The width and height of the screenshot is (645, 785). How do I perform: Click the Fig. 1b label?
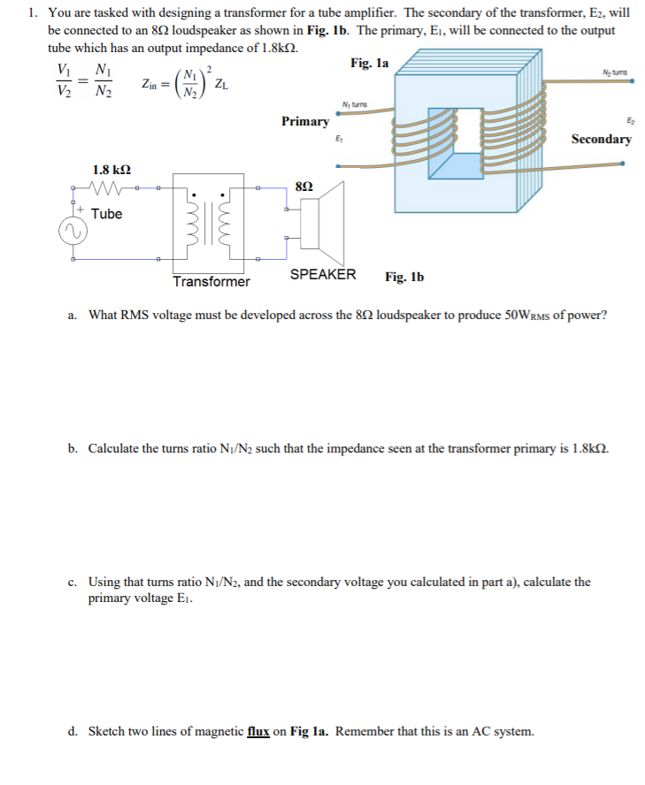click(404, 277)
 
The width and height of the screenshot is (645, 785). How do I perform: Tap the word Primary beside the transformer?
click(305, 121)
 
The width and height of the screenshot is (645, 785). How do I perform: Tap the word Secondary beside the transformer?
click(601, 139)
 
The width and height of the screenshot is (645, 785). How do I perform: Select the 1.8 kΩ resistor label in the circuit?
click(112, 169)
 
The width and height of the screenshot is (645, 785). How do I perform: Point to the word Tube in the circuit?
click(106, 214)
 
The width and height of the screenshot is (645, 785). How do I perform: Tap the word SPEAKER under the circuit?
click(323, 274)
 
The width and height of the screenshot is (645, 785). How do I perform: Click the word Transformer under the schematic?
click(211, 282)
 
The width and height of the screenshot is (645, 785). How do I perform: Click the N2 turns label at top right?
click(610, 72)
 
